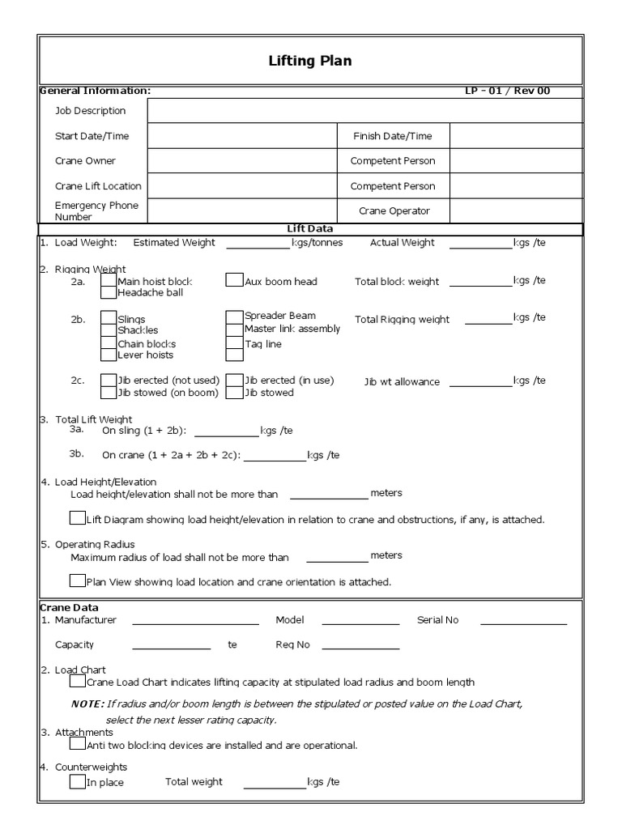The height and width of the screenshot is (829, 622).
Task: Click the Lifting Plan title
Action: (310, 61)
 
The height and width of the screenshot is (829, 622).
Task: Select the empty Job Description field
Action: (364, 111)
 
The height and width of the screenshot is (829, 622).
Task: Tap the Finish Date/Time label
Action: (392, 136)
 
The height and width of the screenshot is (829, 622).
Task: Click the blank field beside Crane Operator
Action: (515, 210)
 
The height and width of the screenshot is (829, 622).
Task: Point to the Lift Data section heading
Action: (310, 230)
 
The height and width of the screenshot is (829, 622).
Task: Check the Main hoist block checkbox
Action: (109, 280)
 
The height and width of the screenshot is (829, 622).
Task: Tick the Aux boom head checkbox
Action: (234, 280)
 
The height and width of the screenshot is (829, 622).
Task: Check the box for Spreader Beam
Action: (234, 316)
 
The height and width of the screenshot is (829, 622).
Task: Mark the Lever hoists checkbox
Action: (109, 355)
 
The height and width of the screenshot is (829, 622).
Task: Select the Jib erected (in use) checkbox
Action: (234, 380)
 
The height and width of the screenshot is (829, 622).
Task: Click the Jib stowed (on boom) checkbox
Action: (109, 393)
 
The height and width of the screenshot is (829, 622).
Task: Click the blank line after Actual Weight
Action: (480, 246)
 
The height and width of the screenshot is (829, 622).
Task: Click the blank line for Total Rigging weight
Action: (488, 322)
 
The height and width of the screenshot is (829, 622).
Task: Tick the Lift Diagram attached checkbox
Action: (77, 518)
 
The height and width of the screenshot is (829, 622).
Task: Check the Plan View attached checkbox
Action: (77, 580)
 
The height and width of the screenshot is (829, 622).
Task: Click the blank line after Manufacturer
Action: (195, 624)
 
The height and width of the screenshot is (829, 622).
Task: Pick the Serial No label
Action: (437, 620)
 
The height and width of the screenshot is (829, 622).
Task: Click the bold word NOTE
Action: (87, 704)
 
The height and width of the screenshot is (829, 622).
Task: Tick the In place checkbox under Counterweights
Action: (77, 782)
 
